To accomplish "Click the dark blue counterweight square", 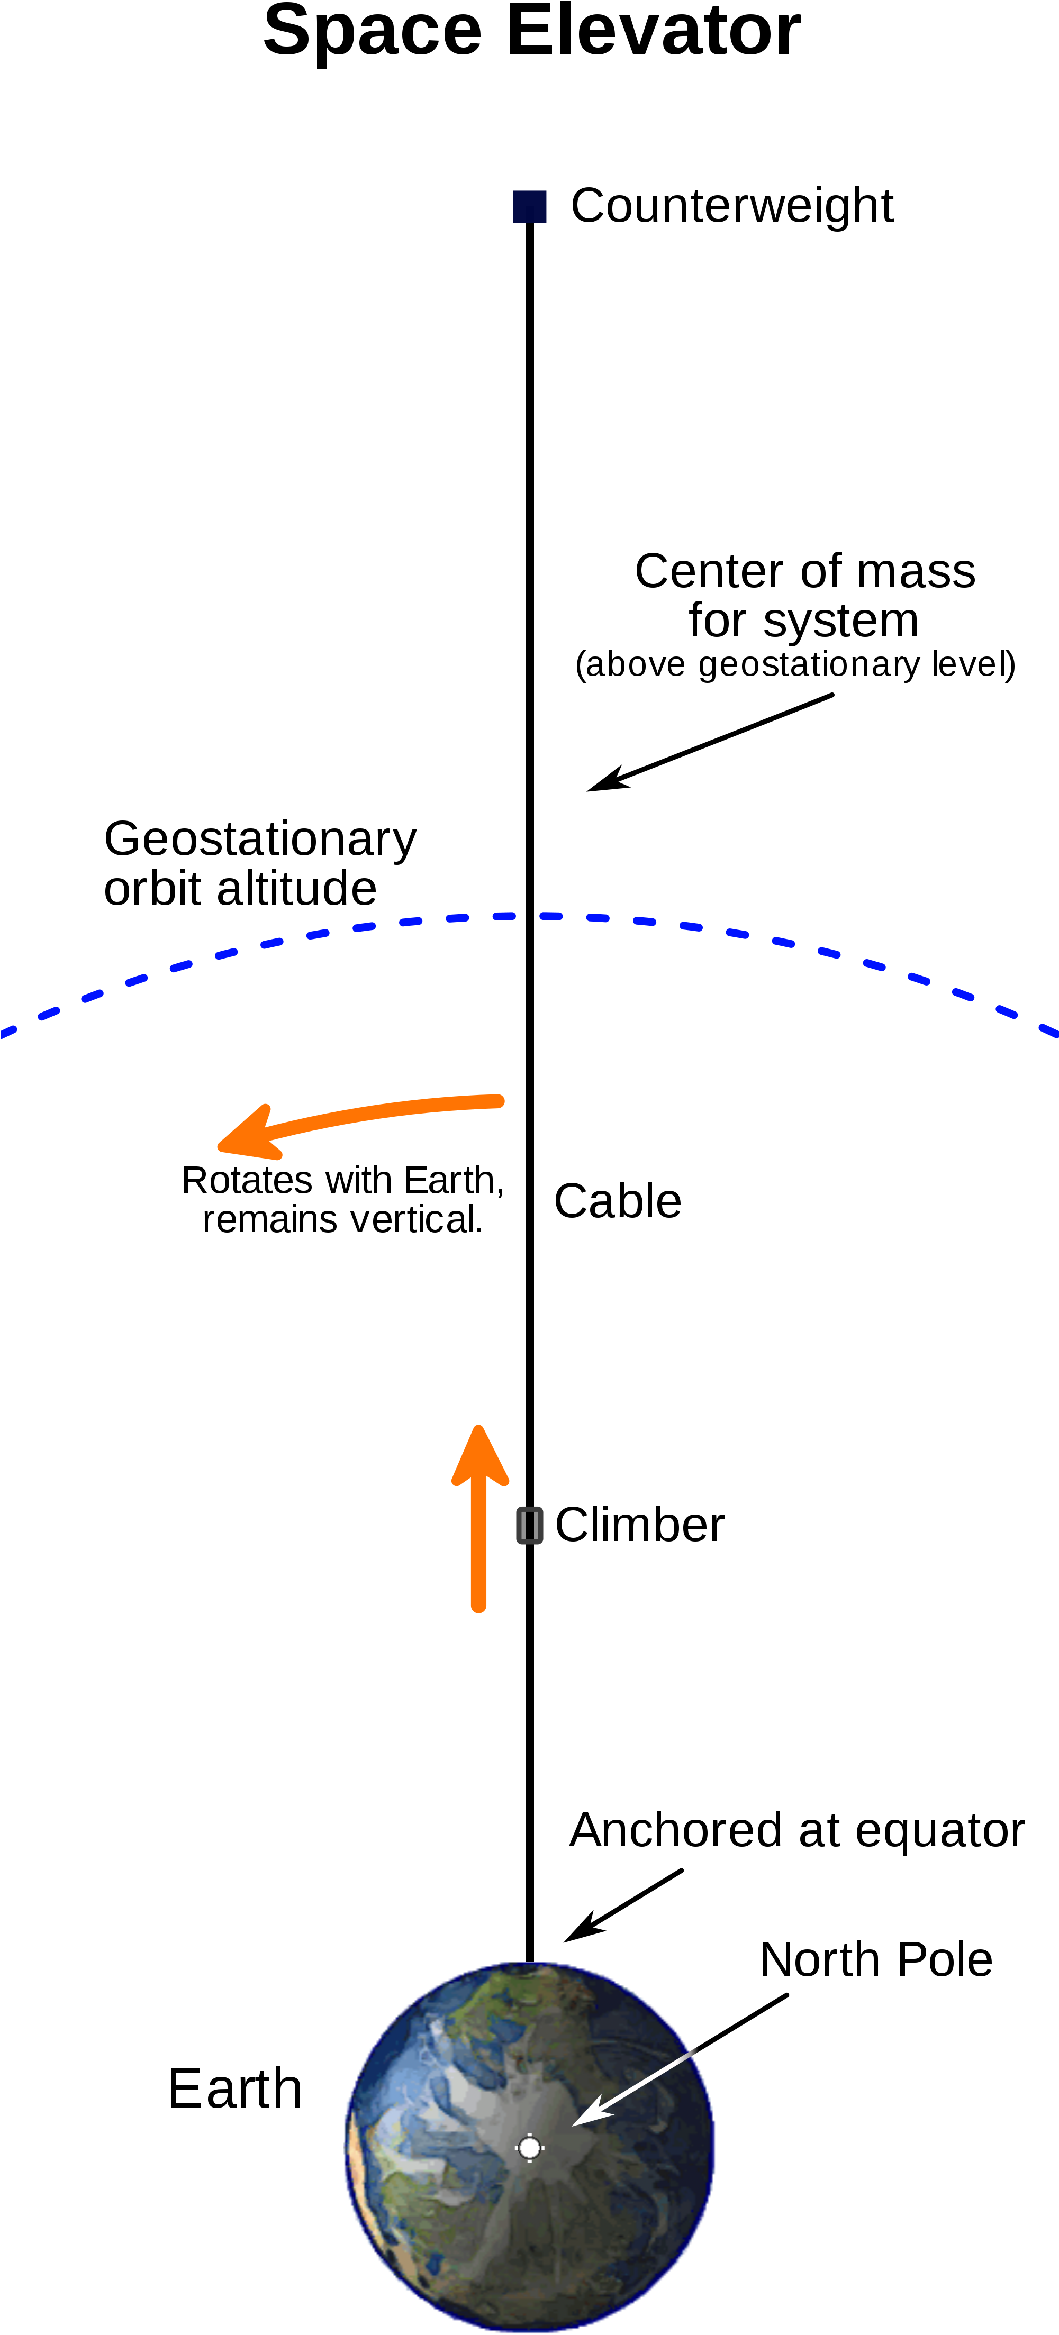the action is click(x=529, y=207).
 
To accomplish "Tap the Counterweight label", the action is click(x=732, y=206).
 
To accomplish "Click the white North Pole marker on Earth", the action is click(x=529, y=2147).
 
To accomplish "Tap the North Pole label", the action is click(x=876, y=1960).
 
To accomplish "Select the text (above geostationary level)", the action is click(x=795, y=664).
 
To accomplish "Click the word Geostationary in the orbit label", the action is click(x=260, y=840).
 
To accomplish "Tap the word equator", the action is click(x=940, y=1831).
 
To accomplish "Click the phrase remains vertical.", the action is click(x=343, y=1219).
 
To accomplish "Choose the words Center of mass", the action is click(x=805, y=571).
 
